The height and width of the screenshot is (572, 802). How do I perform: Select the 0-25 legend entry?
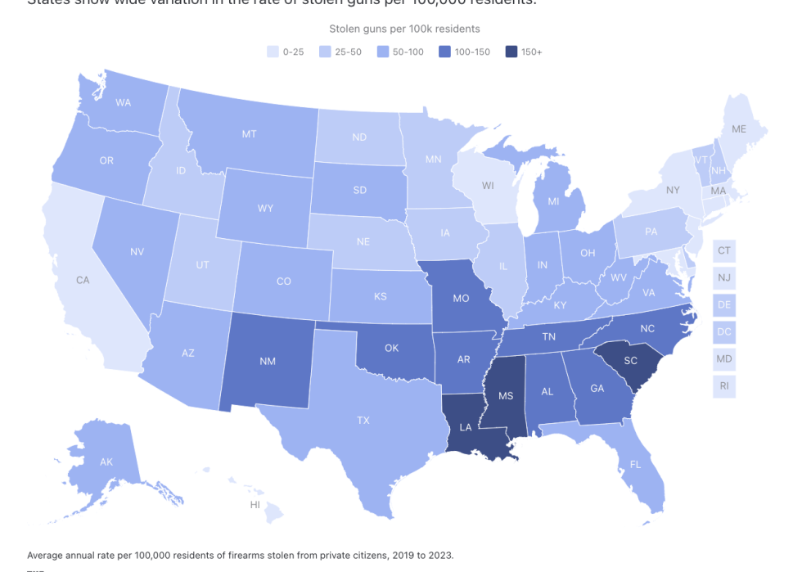point(286,51)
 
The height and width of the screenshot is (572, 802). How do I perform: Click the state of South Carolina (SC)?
point(631,362)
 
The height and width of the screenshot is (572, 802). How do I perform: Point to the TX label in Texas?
point(361,419)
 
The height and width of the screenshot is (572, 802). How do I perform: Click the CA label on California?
point(83,280)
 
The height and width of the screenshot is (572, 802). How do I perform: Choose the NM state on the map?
point(268,361)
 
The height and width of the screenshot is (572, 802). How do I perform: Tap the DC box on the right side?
point(723,332)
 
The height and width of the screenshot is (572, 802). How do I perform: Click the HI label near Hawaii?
point(255,505)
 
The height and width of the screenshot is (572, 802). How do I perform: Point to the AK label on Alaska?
point(106,462)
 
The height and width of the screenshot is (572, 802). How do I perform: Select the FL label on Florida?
point(635,465)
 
